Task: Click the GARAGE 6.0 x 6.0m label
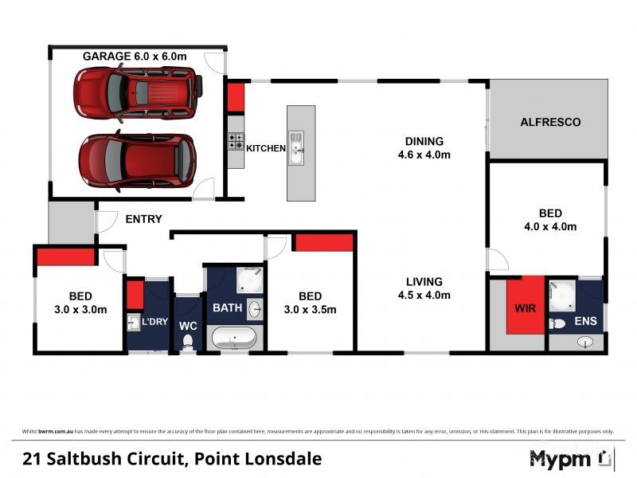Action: [x=135, y=56]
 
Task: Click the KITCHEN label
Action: [x=266, y=149]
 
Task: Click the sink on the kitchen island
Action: [x=296, y=148]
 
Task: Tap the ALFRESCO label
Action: [x=550, y=123]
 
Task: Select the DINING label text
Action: [x=424, y=141]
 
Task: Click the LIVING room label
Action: [x=424, y=281]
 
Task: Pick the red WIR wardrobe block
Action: [x=525, y=307]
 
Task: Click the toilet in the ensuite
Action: [x=558, y=323]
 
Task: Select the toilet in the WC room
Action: [x=188, y=341]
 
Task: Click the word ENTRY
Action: [x=143, y=219]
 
